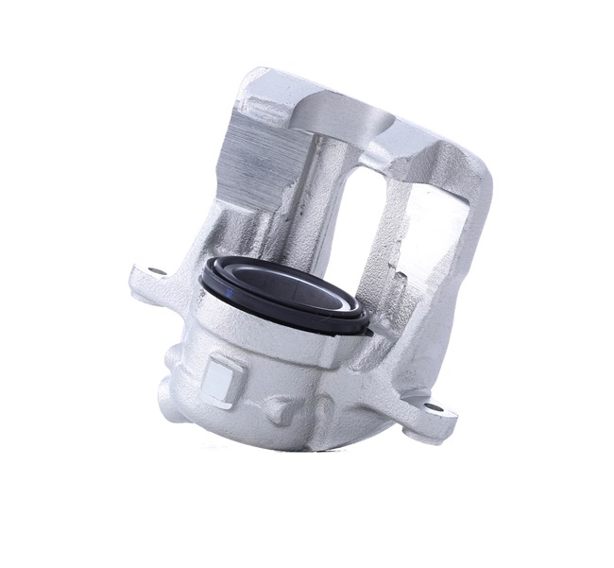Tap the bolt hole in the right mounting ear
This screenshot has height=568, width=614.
click(x=433, y=407)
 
